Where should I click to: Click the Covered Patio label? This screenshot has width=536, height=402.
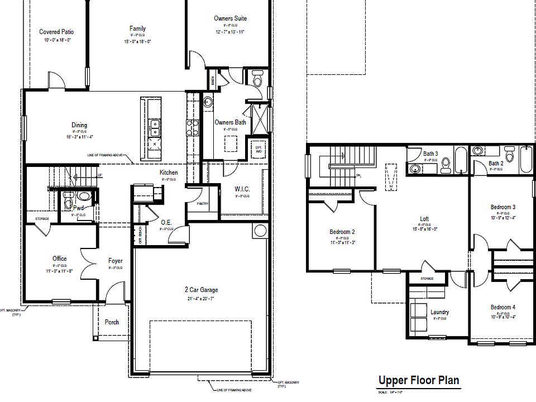[x=56, y=32]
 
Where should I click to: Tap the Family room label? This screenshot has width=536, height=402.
[x=137, y=28]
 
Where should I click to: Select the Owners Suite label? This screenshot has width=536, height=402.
[x=230, y=18]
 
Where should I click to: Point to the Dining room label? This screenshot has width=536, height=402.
[x=79, y=125]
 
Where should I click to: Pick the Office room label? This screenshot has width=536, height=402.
[x=60, y=259]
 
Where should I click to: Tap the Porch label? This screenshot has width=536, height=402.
[x=112, y=322]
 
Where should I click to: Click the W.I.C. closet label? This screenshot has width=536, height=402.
[x=242, y=189]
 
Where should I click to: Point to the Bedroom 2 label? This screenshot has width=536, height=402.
[x=342, y=232]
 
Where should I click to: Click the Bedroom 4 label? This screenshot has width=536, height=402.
[x=502, y=307]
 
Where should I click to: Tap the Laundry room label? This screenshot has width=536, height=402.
[x=439, y=312]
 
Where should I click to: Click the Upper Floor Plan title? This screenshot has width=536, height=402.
[x=419, y=381]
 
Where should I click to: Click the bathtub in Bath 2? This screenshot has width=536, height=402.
[x=526, y=161]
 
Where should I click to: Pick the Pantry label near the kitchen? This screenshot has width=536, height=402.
[x=202, y=204]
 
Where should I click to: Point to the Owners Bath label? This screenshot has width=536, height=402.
[x=230, y=122]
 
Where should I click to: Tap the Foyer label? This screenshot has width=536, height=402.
[x=115, y=261]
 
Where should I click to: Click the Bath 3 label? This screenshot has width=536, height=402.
[x=430, y=154]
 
